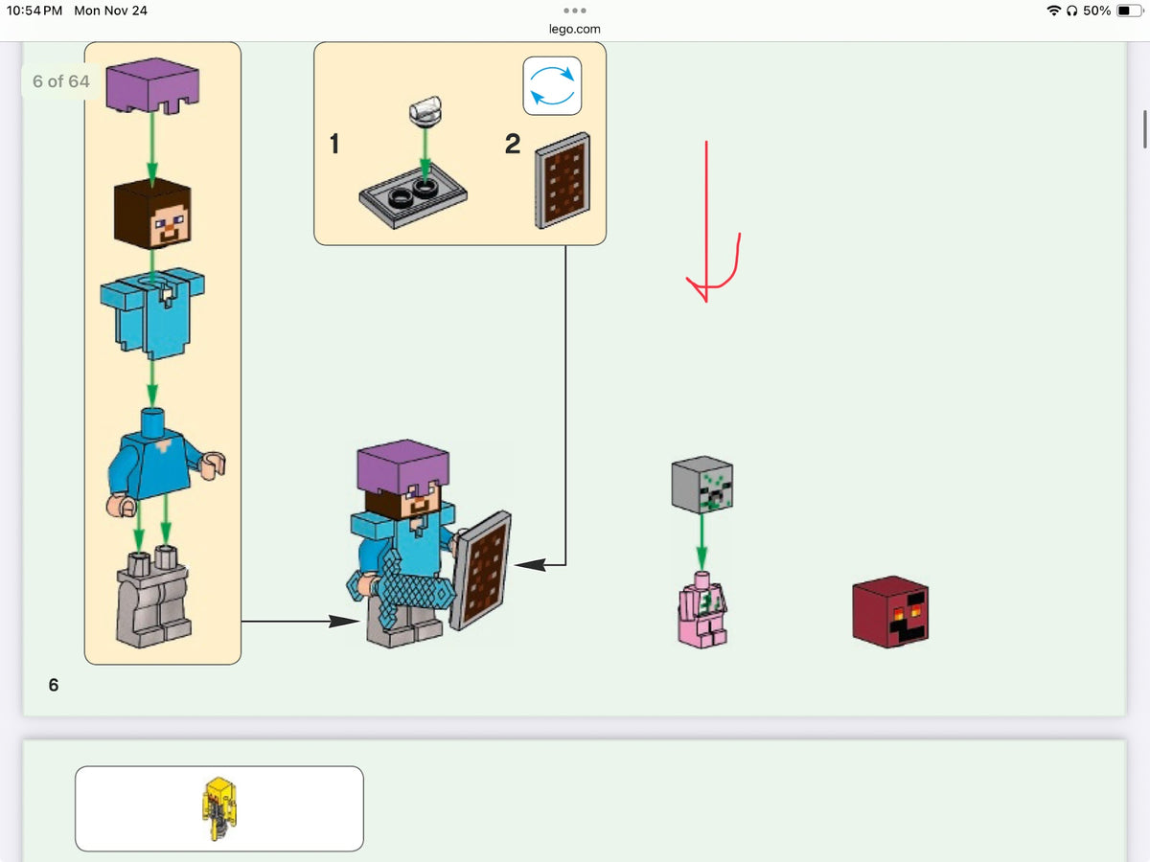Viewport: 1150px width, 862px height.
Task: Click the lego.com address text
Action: (574, 29)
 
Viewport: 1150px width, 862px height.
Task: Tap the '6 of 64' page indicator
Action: (60, 81)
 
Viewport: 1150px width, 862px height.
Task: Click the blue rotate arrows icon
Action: (552, 86)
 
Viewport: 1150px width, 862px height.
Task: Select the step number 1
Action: (334, 144)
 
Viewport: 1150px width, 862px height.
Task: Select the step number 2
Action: (513, 144)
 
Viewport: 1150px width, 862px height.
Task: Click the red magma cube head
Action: (890, 611)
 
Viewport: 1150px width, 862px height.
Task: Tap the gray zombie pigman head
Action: (702, 484)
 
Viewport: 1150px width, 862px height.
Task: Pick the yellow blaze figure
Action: (219, 808)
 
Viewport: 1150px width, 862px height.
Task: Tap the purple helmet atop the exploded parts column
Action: (152, 85)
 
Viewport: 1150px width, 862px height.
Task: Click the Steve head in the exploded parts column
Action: (152, 214)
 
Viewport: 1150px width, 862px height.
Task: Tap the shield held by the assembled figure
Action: (481, 571)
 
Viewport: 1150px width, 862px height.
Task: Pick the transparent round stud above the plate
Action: (425, 111)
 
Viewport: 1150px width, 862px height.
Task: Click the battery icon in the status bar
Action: (1129, 11)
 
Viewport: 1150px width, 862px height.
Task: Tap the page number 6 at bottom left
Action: (54, 685)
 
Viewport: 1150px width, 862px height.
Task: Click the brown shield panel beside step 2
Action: (563, 181)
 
